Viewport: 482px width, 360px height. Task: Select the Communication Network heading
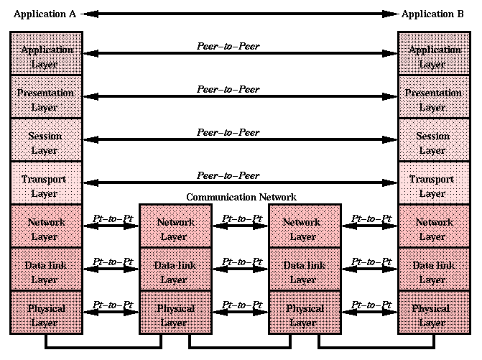[x=241, y=197]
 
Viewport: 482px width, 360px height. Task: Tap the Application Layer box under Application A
[x=47, y=57]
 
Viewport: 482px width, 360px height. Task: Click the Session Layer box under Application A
[x=47, y=143]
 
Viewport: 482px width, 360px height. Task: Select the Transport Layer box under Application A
[x=47, y=186]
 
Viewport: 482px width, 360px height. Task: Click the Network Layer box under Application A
[x=47, y=229]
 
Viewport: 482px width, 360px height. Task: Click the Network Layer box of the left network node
[x=175, y=229]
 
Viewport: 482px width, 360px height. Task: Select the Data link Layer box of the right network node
[x=304, y=272]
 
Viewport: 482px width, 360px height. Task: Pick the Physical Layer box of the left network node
[x=175, y=315]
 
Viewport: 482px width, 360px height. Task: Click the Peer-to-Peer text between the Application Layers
[x=228, y=46]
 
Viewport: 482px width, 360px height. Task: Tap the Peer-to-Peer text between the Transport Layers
[x=228, y=175]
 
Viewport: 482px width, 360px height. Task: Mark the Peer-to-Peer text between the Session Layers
[x=228, y=132]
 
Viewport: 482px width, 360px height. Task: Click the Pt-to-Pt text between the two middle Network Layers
[x=241, y=218]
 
